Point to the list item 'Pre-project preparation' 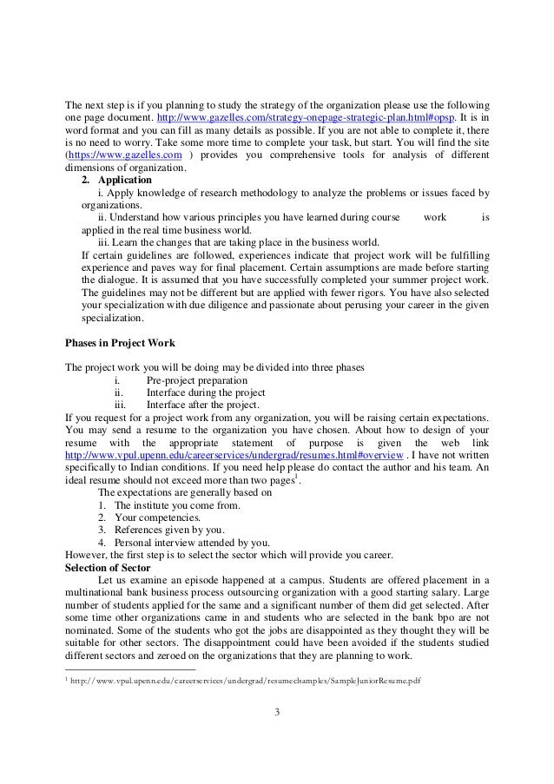coord(196,381)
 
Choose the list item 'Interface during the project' coord(206,393)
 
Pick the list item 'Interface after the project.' coord(203,405)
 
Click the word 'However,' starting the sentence coord(85,555)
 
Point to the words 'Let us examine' coord(133,579)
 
